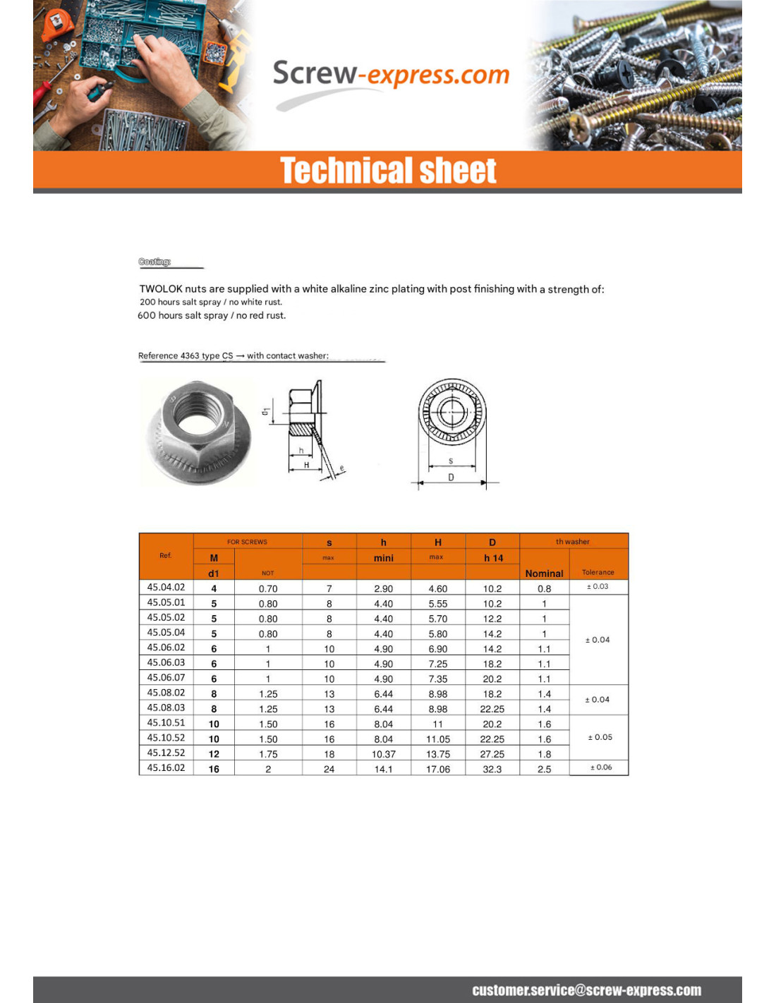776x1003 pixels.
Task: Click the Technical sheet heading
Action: pos(388,171)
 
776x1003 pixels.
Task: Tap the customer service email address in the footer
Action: pos(586,990)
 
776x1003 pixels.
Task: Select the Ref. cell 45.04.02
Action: pos(166,587)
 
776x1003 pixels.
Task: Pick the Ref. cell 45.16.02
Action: pos(166,767)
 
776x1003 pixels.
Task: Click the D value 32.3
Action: pos(492,769)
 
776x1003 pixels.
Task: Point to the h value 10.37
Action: pos(383,754)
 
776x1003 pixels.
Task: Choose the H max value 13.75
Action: pos(437,754)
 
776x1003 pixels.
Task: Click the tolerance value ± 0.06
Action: pos(601,767)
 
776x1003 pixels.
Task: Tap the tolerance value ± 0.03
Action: pos(598,586)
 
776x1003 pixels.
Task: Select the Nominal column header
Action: pos(544,573)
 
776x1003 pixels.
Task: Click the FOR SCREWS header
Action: pos(247,542)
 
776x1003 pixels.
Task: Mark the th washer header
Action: pos(572,542)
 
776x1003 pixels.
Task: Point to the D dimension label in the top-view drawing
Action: pos(451,478)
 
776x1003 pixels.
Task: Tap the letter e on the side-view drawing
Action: pos(342,468)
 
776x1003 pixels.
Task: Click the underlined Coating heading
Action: pos(154,262)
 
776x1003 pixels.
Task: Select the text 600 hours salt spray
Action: pos(183,315)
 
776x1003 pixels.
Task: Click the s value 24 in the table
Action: pos(329,769)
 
